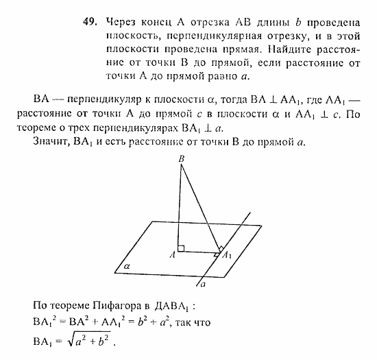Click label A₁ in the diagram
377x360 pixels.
pos(227,256)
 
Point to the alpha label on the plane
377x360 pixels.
pos(127,263)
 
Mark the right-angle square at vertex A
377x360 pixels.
pos(181,248)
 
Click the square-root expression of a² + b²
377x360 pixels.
pos(87,341)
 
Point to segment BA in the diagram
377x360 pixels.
pos(180,206)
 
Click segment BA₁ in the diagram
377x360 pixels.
pos(201,206)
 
